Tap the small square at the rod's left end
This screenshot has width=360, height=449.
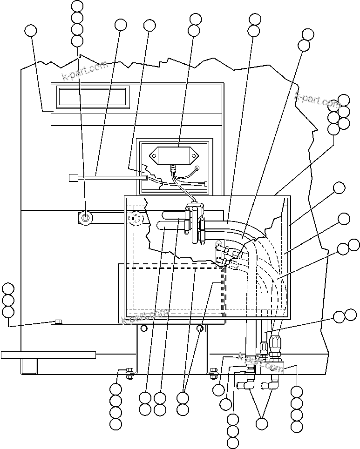72,177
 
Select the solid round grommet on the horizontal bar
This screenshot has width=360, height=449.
86,217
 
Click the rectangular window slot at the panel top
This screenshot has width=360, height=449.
93,96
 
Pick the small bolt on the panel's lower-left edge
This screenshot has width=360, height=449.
58,322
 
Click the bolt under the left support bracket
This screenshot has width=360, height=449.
129,371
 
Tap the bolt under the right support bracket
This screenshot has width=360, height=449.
214,371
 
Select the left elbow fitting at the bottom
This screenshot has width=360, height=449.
245,384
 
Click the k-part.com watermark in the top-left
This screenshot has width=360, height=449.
85,70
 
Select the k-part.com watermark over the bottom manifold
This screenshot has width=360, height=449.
261,363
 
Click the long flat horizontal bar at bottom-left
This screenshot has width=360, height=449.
48,355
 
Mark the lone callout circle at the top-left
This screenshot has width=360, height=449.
31,31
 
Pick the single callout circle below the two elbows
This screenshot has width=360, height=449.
262,423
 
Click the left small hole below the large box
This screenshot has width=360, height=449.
143,329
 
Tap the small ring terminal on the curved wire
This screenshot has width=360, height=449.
197,169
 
